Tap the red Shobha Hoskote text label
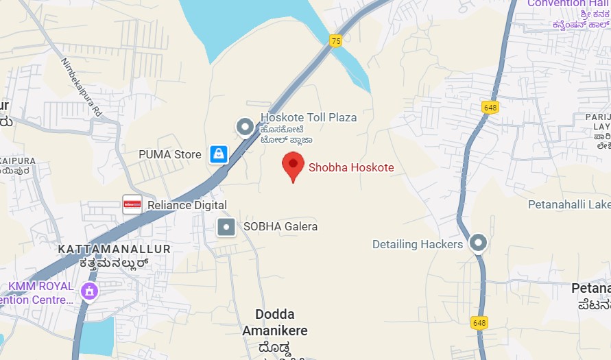(x=351, y=167)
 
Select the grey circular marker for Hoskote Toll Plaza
(x=245, y=127)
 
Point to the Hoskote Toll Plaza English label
(x=309, y=117)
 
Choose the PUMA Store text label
(x=170, y=154)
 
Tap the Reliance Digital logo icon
(x=132, y=204)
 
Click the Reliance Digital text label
(x=187, y=205)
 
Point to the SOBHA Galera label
(x=280, y=226)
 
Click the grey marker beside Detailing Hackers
(x=478, y=243)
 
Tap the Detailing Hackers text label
(x=418, y=244)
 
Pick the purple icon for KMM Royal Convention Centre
(x=89, y=291)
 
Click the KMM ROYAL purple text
(x=40, y=286)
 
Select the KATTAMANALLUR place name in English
(x=114, y=248)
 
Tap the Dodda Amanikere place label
(x=274, y=323)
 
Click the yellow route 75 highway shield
(x=335, y=41)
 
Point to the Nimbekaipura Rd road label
(x=81, y=86)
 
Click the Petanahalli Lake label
(x=568, y=204)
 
